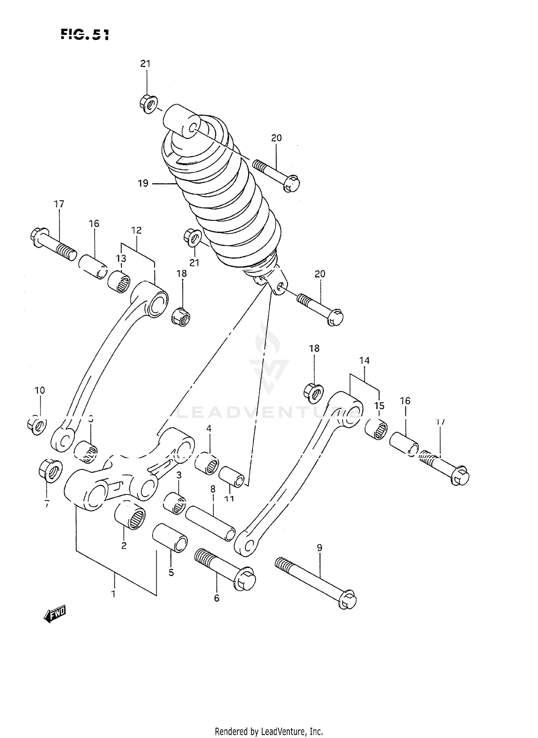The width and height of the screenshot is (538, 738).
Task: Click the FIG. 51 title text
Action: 85,34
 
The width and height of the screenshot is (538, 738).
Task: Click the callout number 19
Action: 143,184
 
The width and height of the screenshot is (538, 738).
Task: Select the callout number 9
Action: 319,548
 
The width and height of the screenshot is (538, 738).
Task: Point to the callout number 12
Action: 136,230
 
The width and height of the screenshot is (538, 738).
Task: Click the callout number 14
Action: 364,361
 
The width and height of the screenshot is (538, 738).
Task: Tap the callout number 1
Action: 113,594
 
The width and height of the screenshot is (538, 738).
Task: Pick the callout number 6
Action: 217,598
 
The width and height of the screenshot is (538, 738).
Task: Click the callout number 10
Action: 39,390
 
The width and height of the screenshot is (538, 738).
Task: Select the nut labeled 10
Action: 36,425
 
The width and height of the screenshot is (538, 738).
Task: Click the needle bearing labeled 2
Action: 130,516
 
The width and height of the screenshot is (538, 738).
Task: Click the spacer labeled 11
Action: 232,476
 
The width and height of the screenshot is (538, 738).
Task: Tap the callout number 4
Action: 209,428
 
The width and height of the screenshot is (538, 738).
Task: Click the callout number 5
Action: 171,572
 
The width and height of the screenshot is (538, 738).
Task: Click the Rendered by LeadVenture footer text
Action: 269,731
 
